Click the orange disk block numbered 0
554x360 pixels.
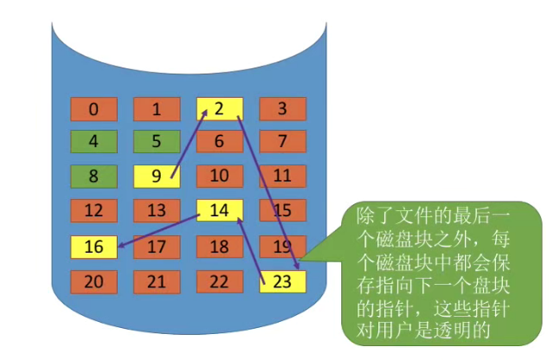pos(93,109)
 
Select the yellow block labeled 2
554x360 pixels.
pos(219,109)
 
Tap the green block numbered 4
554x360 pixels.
pos(93,142)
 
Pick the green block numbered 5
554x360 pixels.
pos(156,142)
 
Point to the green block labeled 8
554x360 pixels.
pos(93,177)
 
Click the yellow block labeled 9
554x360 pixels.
pos(156,177)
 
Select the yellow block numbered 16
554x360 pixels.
pos(93,247)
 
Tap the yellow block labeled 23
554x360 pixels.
pos(282,281)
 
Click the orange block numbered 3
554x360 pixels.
pos(282,109)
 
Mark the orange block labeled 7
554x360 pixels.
pos(282,142)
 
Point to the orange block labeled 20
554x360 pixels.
pos(93,281)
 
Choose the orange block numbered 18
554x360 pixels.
pos(219,247)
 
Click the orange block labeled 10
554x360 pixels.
pos(219,177)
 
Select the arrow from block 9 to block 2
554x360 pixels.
pos(188,145)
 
